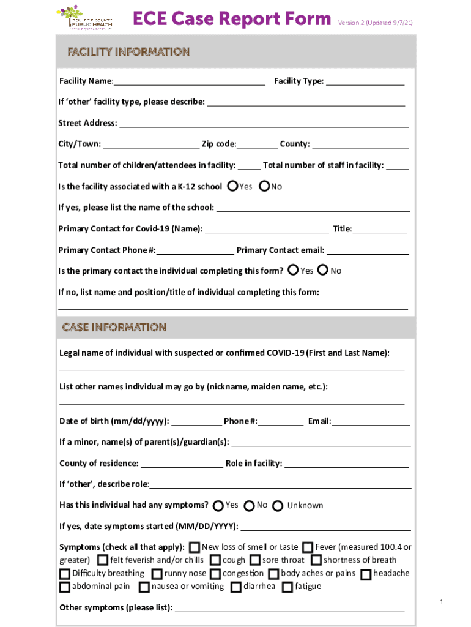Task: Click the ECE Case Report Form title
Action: (232, 20)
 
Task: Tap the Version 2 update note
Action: (375, 23)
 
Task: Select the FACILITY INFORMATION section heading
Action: (128, 52)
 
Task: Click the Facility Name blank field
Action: (189, 80)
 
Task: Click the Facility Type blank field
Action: (365, 80)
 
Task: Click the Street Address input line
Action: (264, 122)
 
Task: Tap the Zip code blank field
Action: (257, 144)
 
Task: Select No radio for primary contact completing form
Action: (324, 270)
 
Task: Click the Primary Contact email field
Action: (368, 250)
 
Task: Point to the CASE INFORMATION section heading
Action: (114, 328)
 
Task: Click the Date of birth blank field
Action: (197, 421)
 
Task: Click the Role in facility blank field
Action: (347, 463)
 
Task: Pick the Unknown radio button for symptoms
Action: (278, 506)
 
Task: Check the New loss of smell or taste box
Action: (195, 547)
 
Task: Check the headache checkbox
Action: (366, 574)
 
